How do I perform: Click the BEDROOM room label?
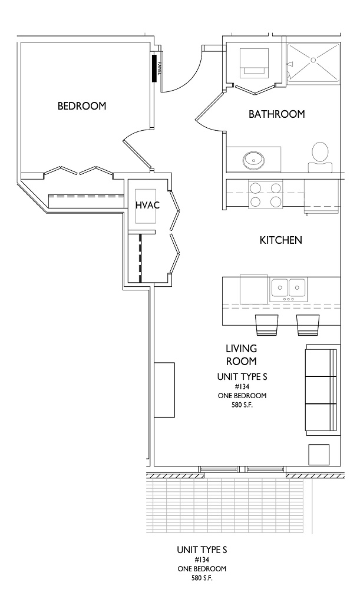[82, 106]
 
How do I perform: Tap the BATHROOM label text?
[276, 114]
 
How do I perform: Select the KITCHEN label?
[280, 240]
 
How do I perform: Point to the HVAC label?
[147, 205]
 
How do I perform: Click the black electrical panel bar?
[154, 68]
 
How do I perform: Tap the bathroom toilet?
[320, 157]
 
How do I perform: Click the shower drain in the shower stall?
[313, 59]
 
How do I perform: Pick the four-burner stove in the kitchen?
[265, 194]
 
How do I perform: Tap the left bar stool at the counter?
[266, 325]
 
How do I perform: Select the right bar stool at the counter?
[308, 325]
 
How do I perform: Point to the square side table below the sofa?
[319, 455]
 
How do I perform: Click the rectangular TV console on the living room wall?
[164, 390]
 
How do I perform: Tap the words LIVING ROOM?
[241, 355]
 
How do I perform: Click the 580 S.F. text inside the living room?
[242, 405]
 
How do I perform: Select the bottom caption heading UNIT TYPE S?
[202, 550]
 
